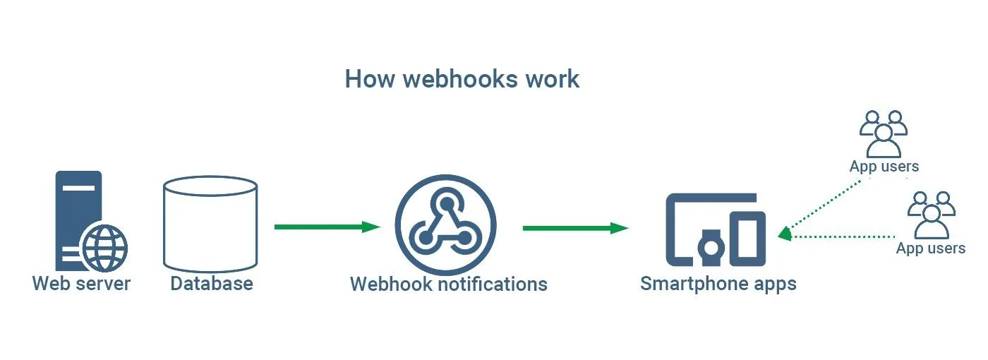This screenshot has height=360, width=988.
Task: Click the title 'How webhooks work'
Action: pyautogui.click(x=462, y=79)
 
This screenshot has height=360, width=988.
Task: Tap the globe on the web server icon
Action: pyautogui.click(x=105, y=248)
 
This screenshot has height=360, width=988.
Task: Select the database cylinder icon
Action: pyautogui.click(x=210, y=224)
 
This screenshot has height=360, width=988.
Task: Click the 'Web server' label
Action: pyautogui.click(x=82, y=284)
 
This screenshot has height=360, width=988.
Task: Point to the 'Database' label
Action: pyautogui.click(x=212, y=284)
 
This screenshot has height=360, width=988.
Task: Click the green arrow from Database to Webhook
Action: pyautogui.click(x=327, y=227)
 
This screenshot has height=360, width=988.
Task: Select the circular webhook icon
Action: pyautogui.click(x=445, y=225)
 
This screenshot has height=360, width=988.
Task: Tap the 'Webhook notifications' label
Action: pyautogui.click(x=449, y=284)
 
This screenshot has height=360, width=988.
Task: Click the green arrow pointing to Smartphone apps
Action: pyautogui.click(x=576, y=228)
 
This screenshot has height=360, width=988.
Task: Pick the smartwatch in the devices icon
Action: pyautogui.click(x=711, y=248)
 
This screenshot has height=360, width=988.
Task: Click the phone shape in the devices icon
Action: pyautogui.click(x=747, y=239)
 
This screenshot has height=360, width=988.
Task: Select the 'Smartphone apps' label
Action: pyautogui.click(x=718, y=284)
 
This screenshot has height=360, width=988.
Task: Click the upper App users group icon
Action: pyautogui.click(x=884, y=134)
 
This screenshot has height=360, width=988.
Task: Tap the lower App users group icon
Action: pyautogui.click(x=931, y=215)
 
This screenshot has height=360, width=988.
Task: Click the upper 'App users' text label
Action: pyautogui.click(x=884, y=167)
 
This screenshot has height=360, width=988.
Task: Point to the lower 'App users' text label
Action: pyautogui.click(x=931, y=248)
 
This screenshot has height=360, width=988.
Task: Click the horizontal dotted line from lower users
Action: pyautogui.click(x=843, y=237)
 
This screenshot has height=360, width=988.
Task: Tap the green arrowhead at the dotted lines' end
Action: pyautogui.click(x=785, y=234)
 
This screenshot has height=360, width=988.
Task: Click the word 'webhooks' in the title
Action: pyautogui.click(x=460, y=79)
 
